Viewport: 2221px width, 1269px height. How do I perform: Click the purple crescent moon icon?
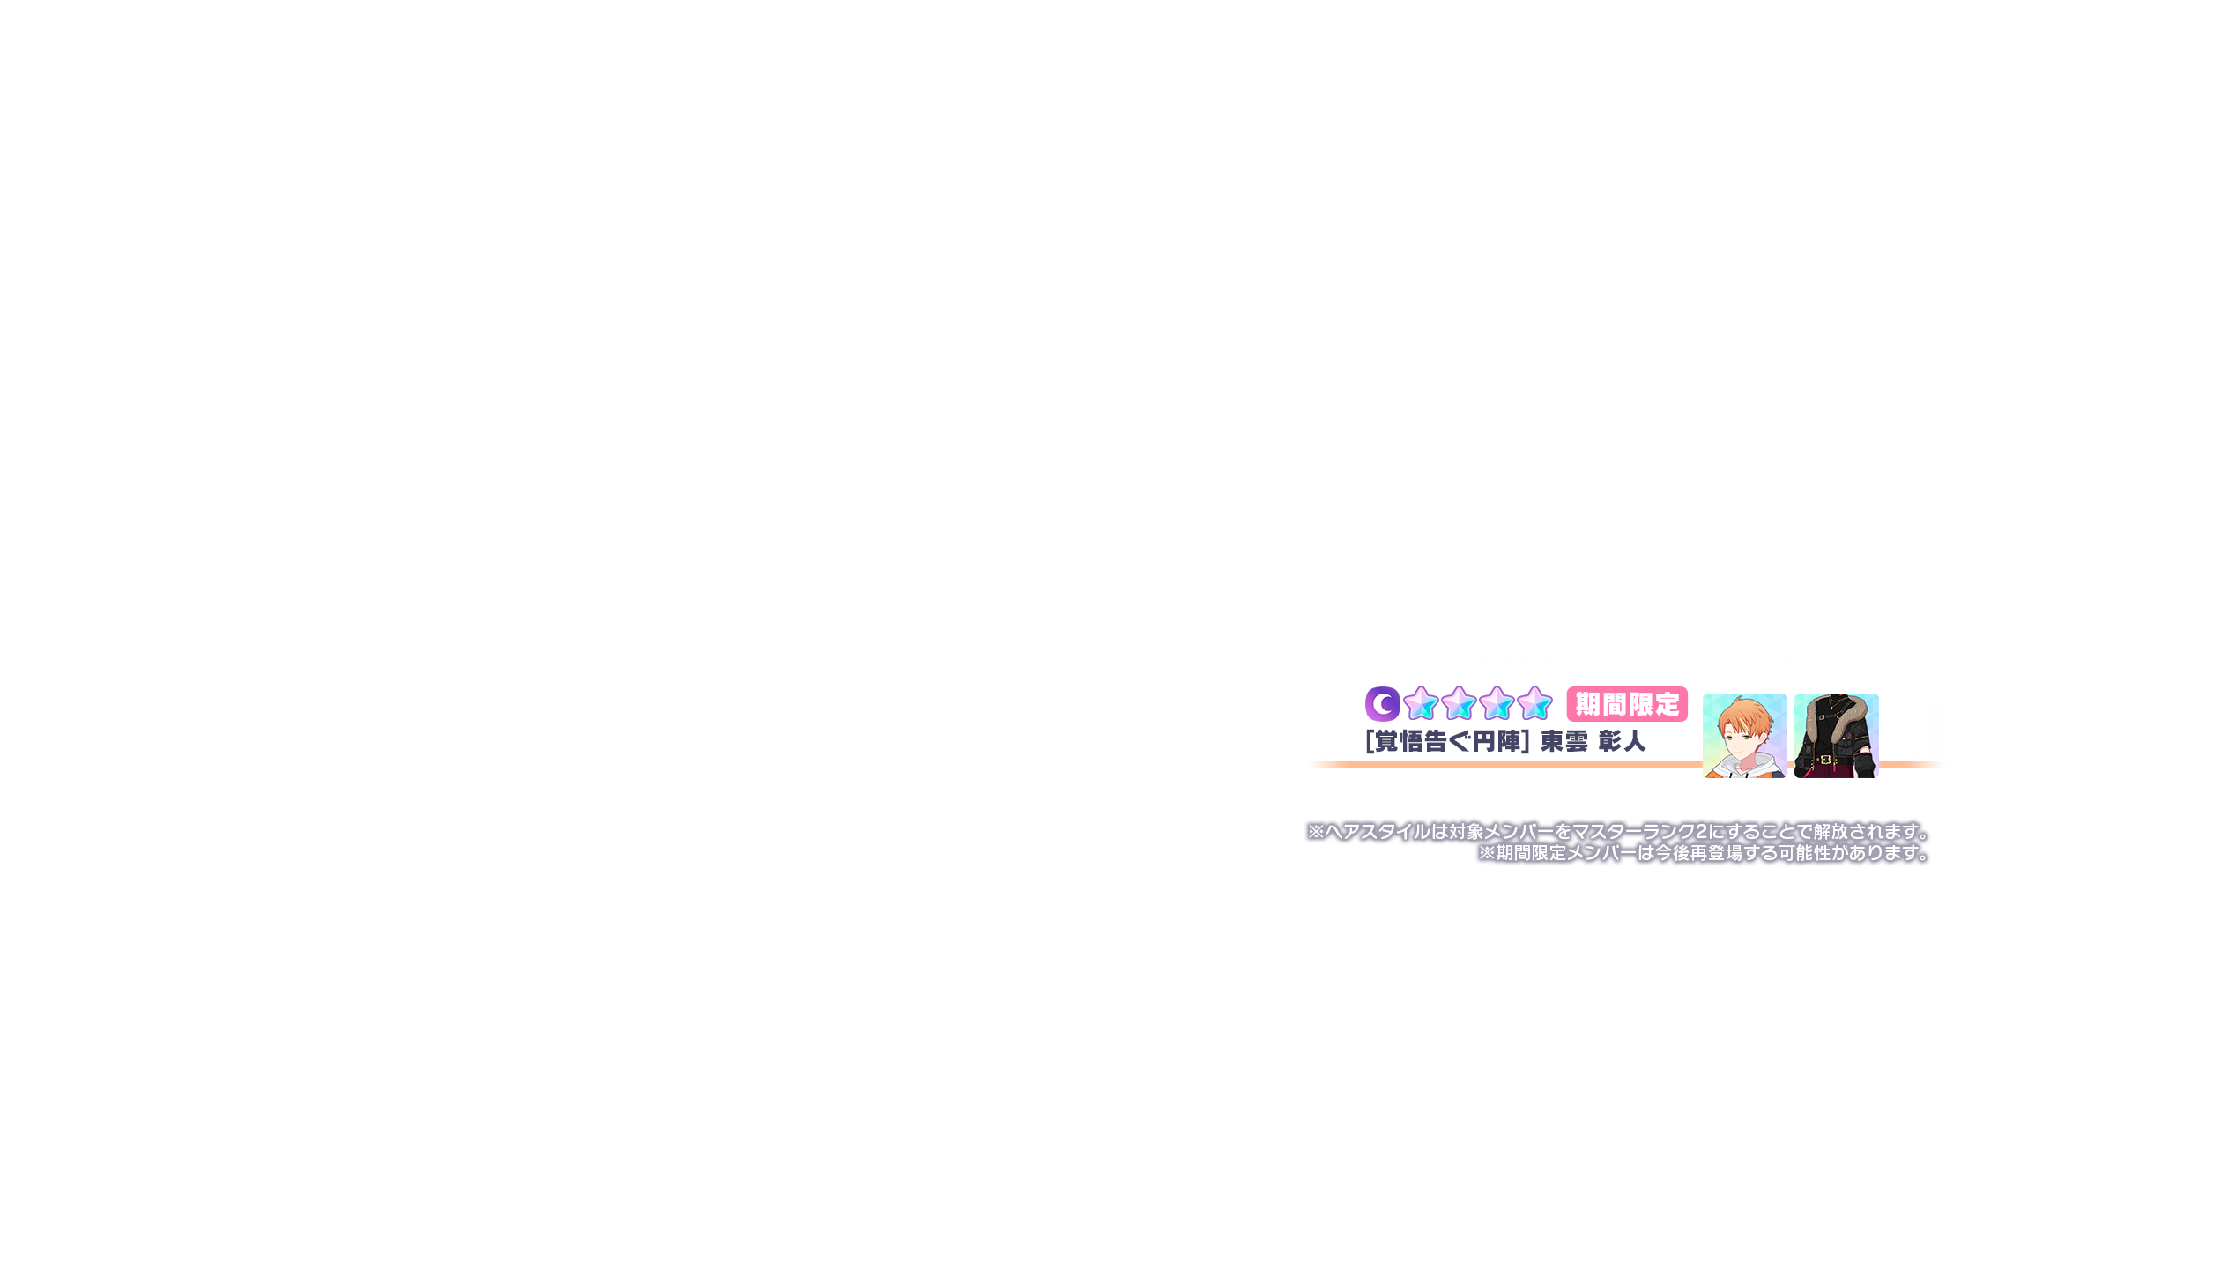1382,704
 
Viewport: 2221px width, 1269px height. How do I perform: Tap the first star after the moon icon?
1421,704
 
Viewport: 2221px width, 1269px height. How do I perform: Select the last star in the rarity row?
1534,704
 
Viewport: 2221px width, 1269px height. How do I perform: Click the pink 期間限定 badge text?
1627,705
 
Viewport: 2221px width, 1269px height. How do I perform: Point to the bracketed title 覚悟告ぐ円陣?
1446,742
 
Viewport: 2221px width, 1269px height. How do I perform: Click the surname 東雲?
1564,742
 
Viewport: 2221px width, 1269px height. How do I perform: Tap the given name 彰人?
1622,742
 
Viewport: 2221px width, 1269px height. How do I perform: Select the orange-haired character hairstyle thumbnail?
1744,736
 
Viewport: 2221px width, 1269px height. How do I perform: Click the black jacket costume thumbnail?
1836,736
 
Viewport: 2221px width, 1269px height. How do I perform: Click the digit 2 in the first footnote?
1700,832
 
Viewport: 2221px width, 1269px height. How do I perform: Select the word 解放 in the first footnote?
1830,832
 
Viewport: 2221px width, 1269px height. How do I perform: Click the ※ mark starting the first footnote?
1316,832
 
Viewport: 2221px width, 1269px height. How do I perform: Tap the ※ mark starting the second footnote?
1487,853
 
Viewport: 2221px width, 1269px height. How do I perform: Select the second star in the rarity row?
1459,704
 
